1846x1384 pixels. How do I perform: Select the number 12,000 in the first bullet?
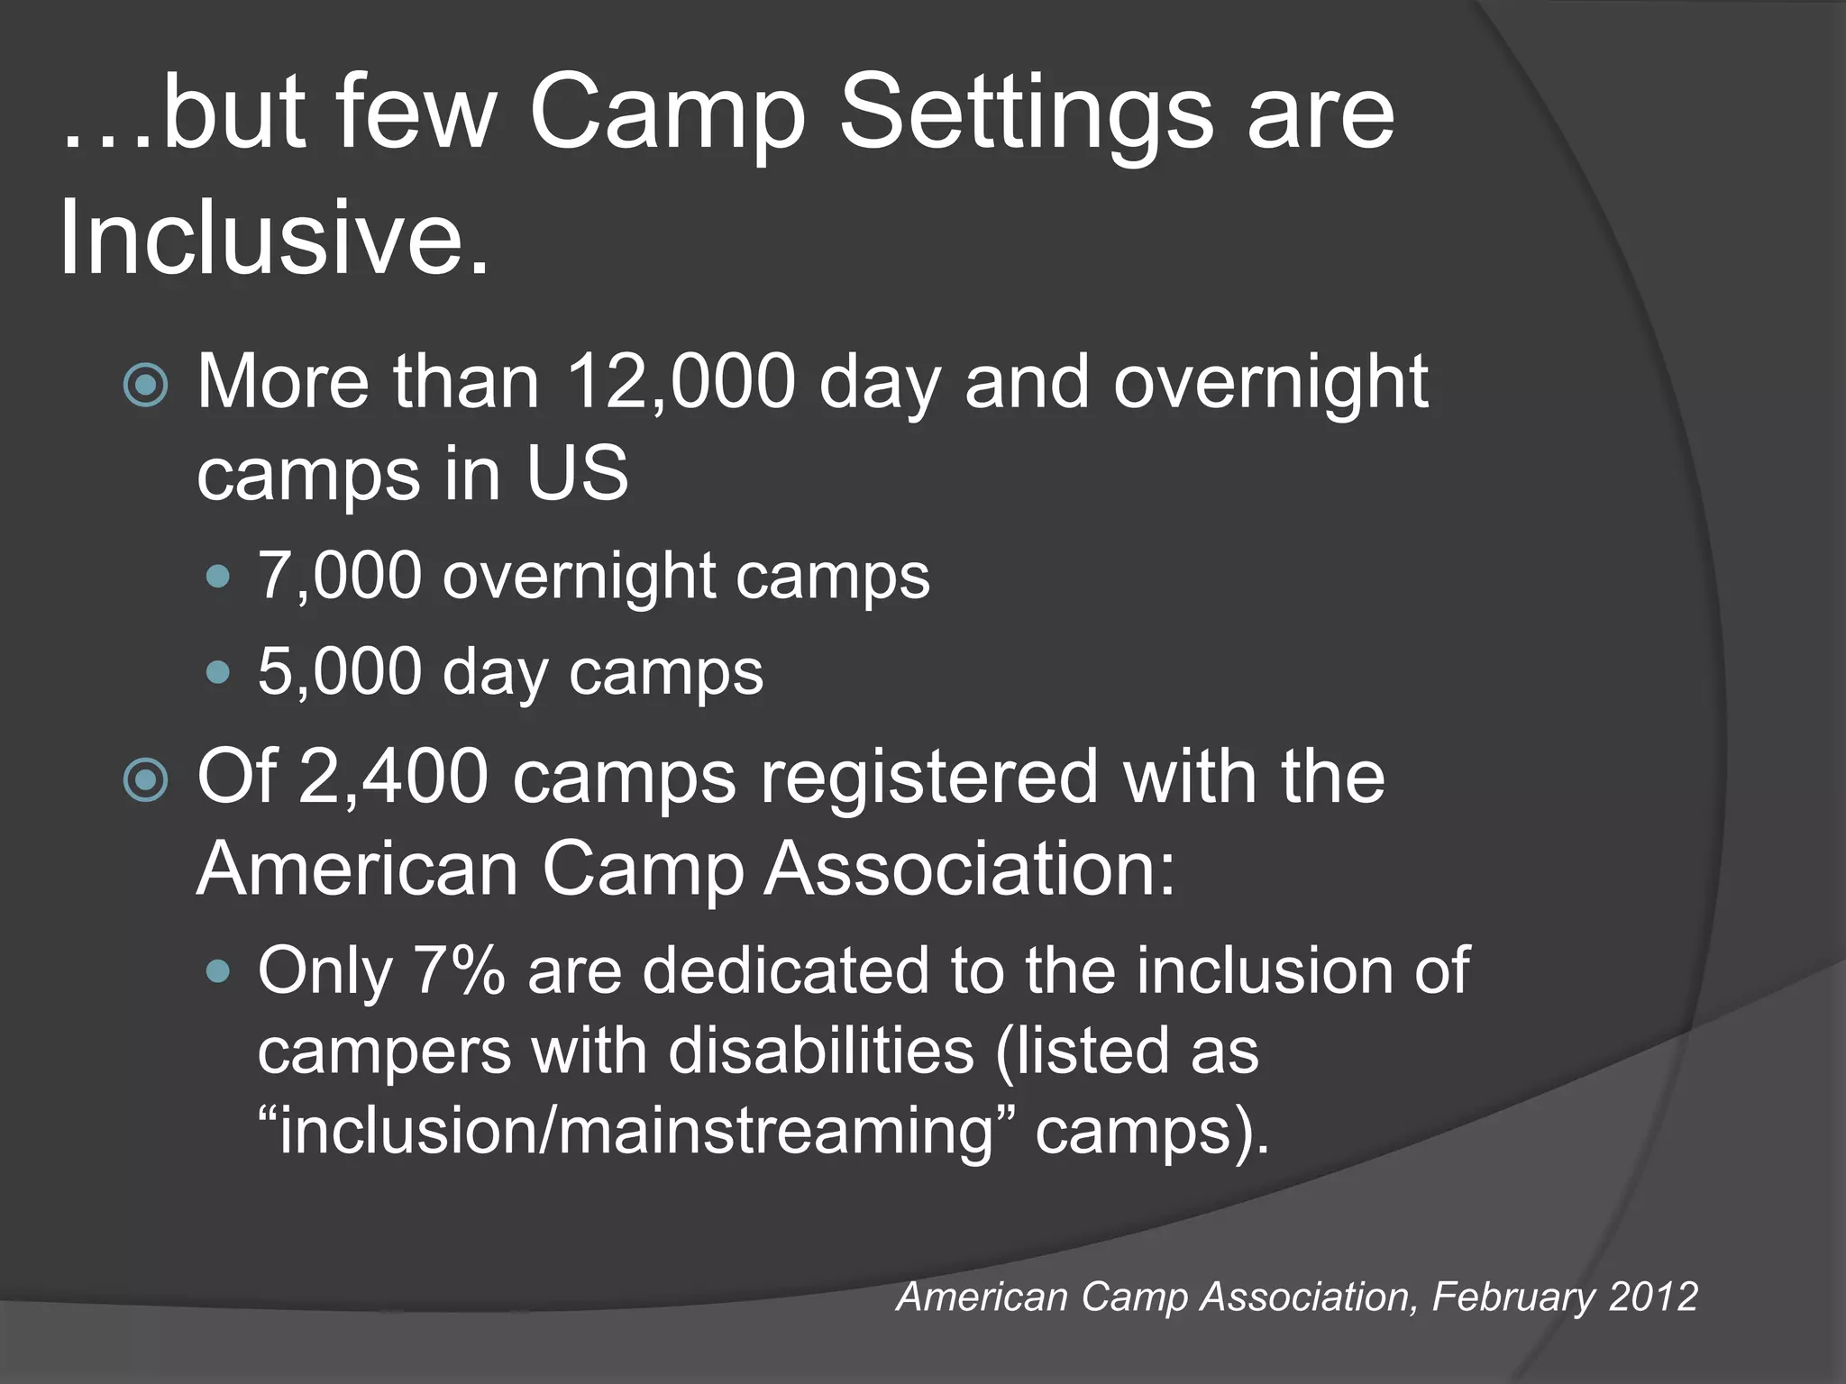point(681,382)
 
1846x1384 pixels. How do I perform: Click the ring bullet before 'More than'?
point(145,386)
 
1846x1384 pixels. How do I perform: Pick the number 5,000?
point(340,671)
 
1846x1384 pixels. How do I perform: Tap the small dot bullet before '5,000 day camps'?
point(218,671)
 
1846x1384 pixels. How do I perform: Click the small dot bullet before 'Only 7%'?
point(218,971)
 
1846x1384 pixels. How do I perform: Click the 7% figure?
point(459,971)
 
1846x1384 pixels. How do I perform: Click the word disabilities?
point(821,1051)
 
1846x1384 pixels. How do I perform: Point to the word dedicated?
point(785,971)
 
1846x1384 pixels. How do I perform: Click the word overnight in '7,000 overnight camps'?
point(579,577)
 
